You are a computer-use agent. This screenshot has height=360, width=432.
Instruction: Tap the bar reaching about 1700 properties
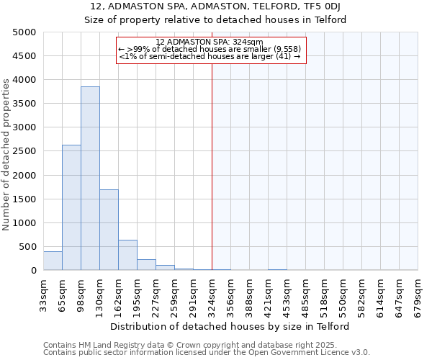tap(109, 230)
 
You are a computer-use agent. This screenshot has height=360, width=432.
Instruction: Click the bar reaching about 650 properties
tap(127, 255)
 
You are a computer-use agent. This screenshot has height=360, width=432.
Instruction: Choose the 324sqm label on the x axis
tap(212, 294)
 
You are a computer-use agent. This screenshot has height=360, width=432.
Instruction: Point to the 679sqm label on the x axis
tap(418, 294)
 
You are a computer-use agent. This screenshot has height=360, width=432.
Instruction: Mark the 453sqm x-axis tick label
tap(287, 294)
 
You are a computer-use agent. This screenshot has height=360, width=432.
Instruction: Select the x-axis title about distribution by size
tap(230, 326)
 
